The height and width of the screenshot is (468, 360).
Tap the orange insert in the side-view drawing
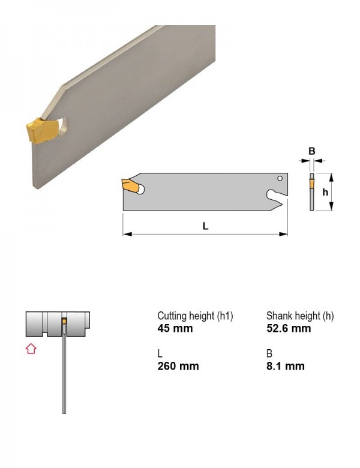(x=130, y=185)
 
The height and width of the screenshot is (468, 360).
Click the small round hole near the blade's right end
(x=280, y=178)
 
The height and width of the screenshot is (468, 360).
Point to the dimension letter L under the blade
(x=205, y=226)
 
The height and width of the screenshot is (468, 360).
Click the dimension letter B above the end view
(x=311, y=151)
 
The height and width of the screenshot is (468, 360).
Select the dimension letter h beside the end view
(x=325, y=192)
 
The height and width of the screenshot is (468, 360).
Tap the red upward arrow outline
(x=31, y=349)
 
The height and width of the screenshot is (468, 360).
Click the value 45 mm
(x=175, y=328)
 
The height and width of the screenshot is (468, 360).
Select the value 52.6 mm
(x=289, y=328)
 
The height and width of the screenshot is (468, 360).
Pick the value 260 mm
(x=178, y=366)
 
